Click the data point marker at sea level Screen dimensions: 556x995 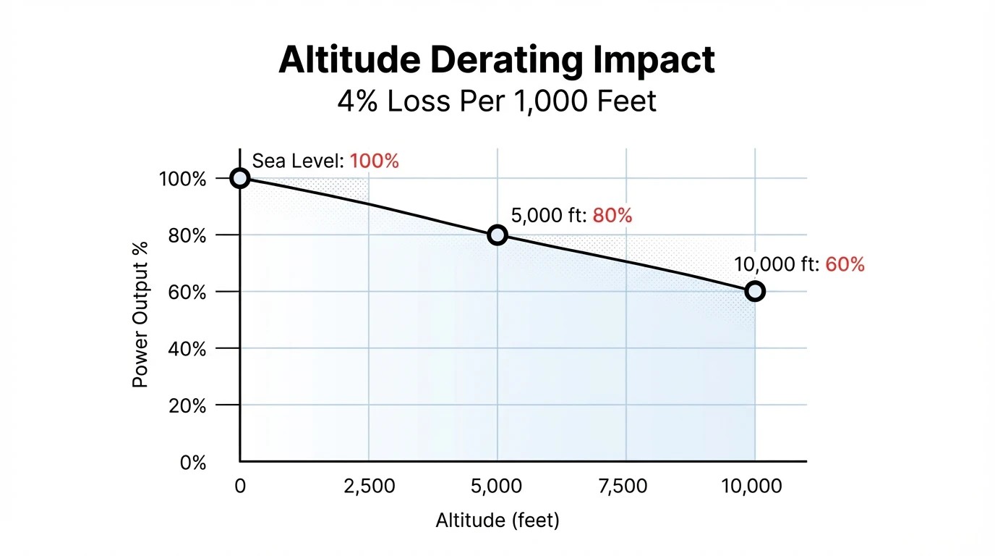pos(240,178)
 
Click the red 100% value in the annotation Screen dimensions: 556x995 pos(374,161)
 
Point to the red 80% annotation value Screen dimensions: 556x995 pos(612,215)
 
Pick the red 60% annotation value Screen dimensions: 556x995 pos(845,265)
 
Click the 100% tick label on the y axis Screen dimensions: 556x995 pos(183,179)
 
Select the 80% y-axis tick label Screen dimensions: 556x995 pos(187,235)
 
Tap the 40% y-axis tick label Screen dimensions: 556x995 pos(187,349)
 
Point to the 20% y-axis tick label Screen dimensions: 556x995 pos(187,406)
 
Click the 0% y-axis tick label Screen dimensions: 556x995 pos(193,463)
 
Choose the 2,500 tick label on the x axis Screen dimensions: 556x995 pos(369,486)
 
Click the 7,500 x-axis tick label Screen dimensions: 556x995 pos(625,486)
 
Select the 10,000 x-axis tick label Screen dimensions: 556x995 pos(752,486)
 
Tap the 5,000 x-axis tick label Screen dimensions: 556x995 pos(496,486)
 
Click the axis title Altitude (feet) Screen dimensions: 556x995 pos(497,520)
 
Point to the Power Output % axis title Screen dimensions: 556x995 pos(140,314)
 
